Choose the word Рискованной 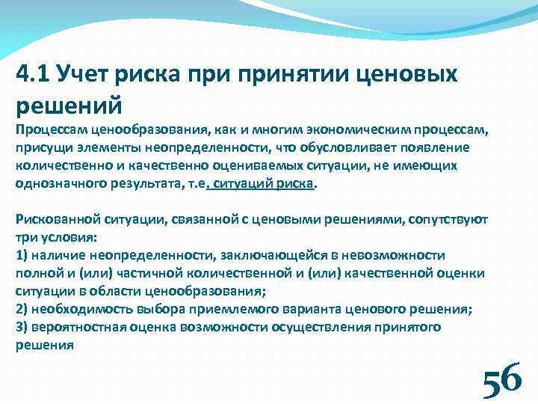click(52, 219)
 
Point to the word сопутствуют click(447, 219)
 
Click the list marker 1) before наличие click(22, 255)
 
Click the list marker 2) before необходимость click(22, 309)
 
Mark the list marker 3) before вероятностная click(22, 327)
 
